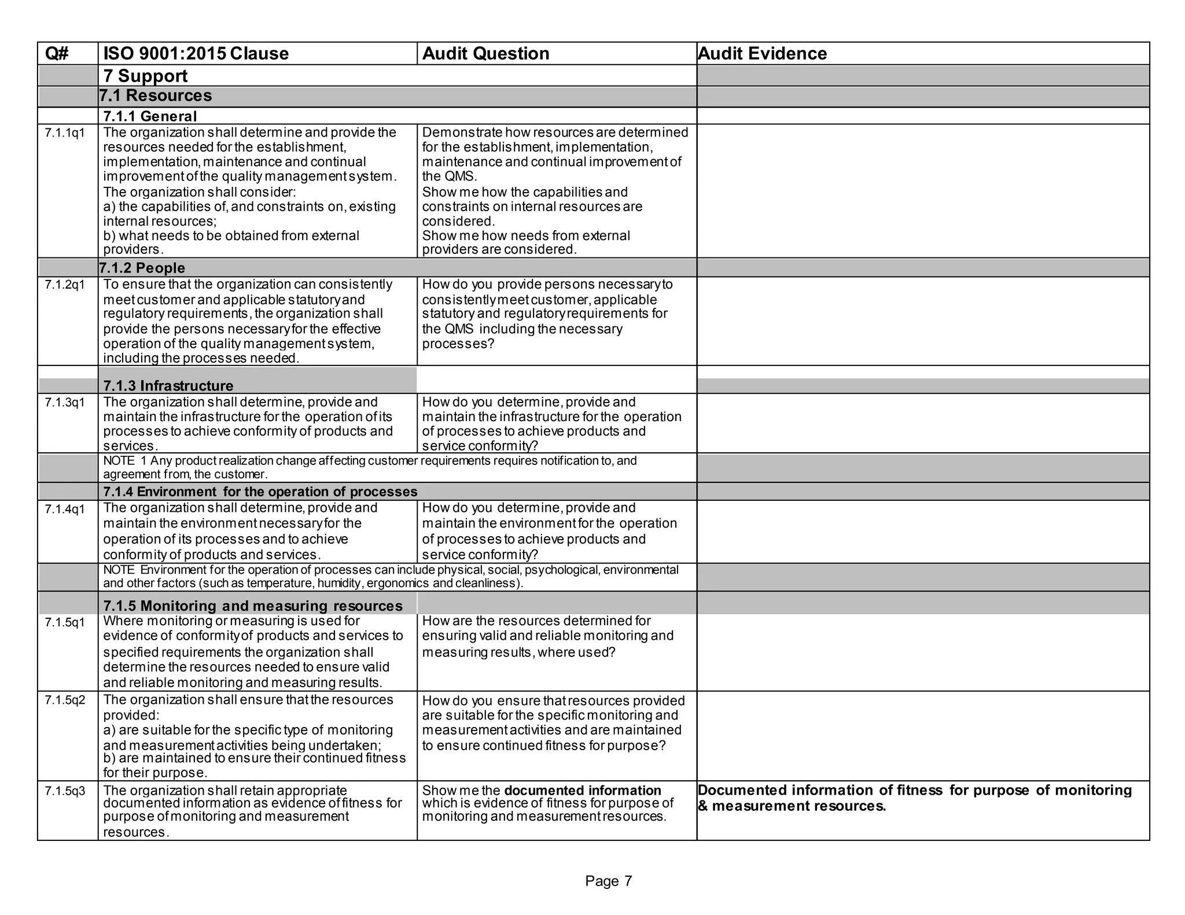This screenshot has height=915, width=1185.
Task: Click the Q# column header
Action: coord(57,54)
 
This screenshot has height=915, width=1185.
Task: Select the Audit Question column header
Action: coord(485,54)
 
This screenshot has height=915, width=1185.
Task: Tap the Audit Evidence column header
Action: coord(762,54)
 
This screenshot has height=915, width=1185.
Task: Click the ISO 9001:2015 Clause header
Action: coord(196,54)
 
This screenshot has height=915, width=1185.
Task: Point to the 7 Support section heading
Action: coord(145,76)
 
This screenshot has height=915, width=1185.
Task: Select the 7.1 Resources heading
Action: coord(155,96)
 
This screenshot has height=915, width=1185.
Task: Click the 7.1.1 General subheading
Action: coord(150,116)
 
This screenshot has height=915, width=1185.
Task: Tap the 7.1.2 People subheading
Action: coord(142,268)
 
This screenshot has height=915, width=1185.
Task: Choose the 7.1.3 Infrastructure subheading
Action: coord(168,386)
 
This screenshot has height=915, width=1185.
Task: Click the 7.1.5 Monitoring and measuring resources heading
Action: coord(252,606)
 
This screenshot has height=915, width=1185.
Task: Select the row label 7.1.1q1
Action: coord(65,133)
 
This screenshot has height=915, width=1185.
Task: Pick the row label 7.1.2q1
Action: coord(65,285)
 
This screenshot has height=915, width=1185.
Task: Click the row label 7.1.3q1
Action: coord(65,403)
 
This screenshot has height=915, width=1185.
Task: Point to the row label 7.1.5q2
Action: coord(65,700)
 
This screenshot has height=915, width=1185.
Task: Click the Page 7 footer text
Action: coord(608,881)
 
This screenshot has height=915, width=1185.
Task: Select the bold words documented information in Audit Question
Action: coord(582,791)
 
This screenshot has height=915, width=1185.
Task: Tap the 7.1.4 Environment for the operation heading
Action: coord(260,492)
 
